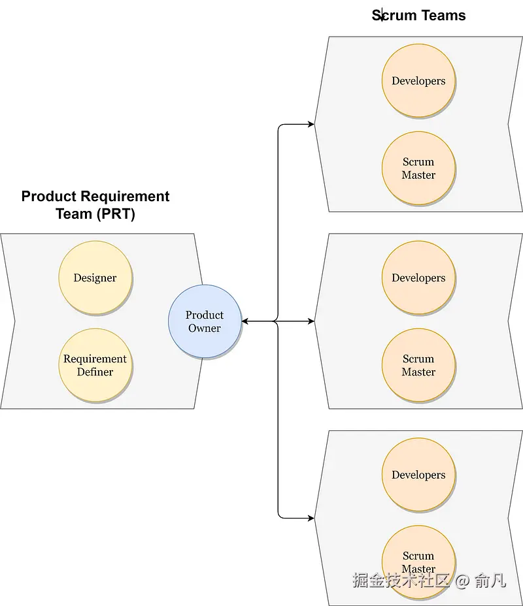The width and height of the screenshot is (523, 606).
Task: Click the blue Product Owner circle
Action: coord(205,321)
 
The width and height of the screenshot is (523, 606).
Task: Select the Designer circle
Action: coord(95,278)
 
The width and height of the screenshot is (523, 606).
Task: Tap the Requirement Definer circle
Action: coord(95,365)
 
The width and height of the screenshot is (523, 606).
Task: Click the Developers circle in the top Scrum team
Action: coord(418,81)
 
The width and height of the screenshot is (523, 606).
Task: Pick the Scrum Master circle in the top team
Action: coord(418,168)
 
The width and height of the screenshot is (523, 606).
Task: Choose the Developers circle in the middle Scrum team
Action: coord(418,278)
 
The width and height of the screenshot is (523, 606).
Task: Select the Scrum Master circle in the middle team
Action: coord(418,365)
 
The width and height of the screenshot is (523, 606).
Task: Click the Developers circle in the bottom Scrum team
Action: coord(418,475)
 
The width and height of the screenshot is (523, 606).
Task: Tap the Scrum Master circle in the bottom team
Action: coord(418,562)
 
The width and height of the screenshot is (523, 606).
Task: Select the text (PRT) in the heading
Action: coord(115,214)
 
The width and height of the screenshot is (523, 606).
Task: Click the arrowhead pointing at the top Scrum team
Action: coord(311,124)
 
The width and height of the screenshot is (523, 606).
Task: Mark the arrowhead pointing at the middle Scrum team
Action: coord(311,321)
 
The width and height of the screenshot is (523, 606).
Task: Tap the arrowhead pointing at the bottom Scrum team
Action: coord(311,518)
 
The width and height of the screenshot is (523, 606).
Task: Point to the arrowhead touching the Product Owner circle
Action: coord(245,321)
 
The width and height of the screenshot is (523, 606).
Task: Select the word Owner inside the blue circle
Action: coord(205,328)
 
